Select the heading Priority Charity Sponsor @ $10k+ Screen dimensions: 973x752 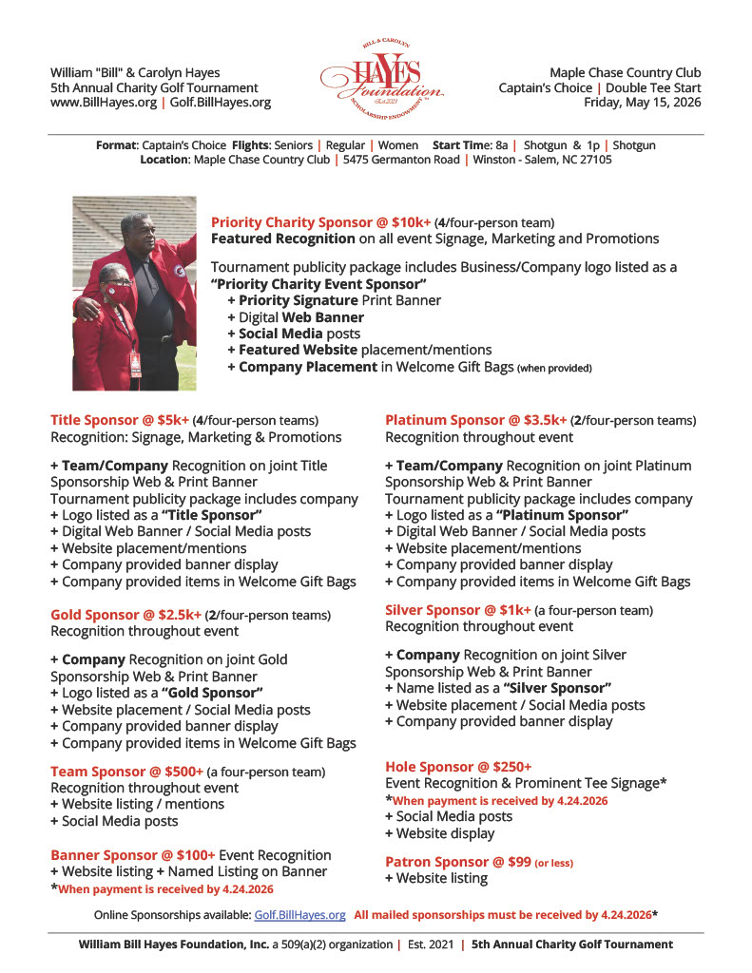pos(320,222)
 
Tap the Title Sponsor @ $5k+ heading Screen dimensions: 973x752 pos(119,420)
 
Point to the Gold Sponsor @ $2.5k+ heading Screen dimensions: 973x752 pos(125,615)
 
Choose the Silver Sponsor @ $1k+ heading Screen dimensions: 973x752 pos(457,610)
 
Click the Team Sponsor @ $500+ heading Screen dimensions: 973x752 pos(126,772)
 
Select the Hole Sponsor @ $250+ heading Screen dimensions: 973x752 pos(458,767)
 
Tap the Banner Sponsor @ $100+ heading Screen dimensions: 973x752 pos(133,855)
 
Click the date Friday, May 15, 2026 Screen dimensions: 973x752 pos(642,103)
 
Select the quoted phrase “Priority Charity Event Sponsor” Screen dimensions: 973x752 pos(318,284)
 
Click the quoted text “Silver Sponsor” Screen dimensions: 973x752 pos(556,688)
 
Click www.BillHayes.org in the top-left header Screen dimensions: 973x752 pos(102,103)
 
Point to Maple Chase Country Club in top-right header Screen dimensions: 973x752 pos(625,72)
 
